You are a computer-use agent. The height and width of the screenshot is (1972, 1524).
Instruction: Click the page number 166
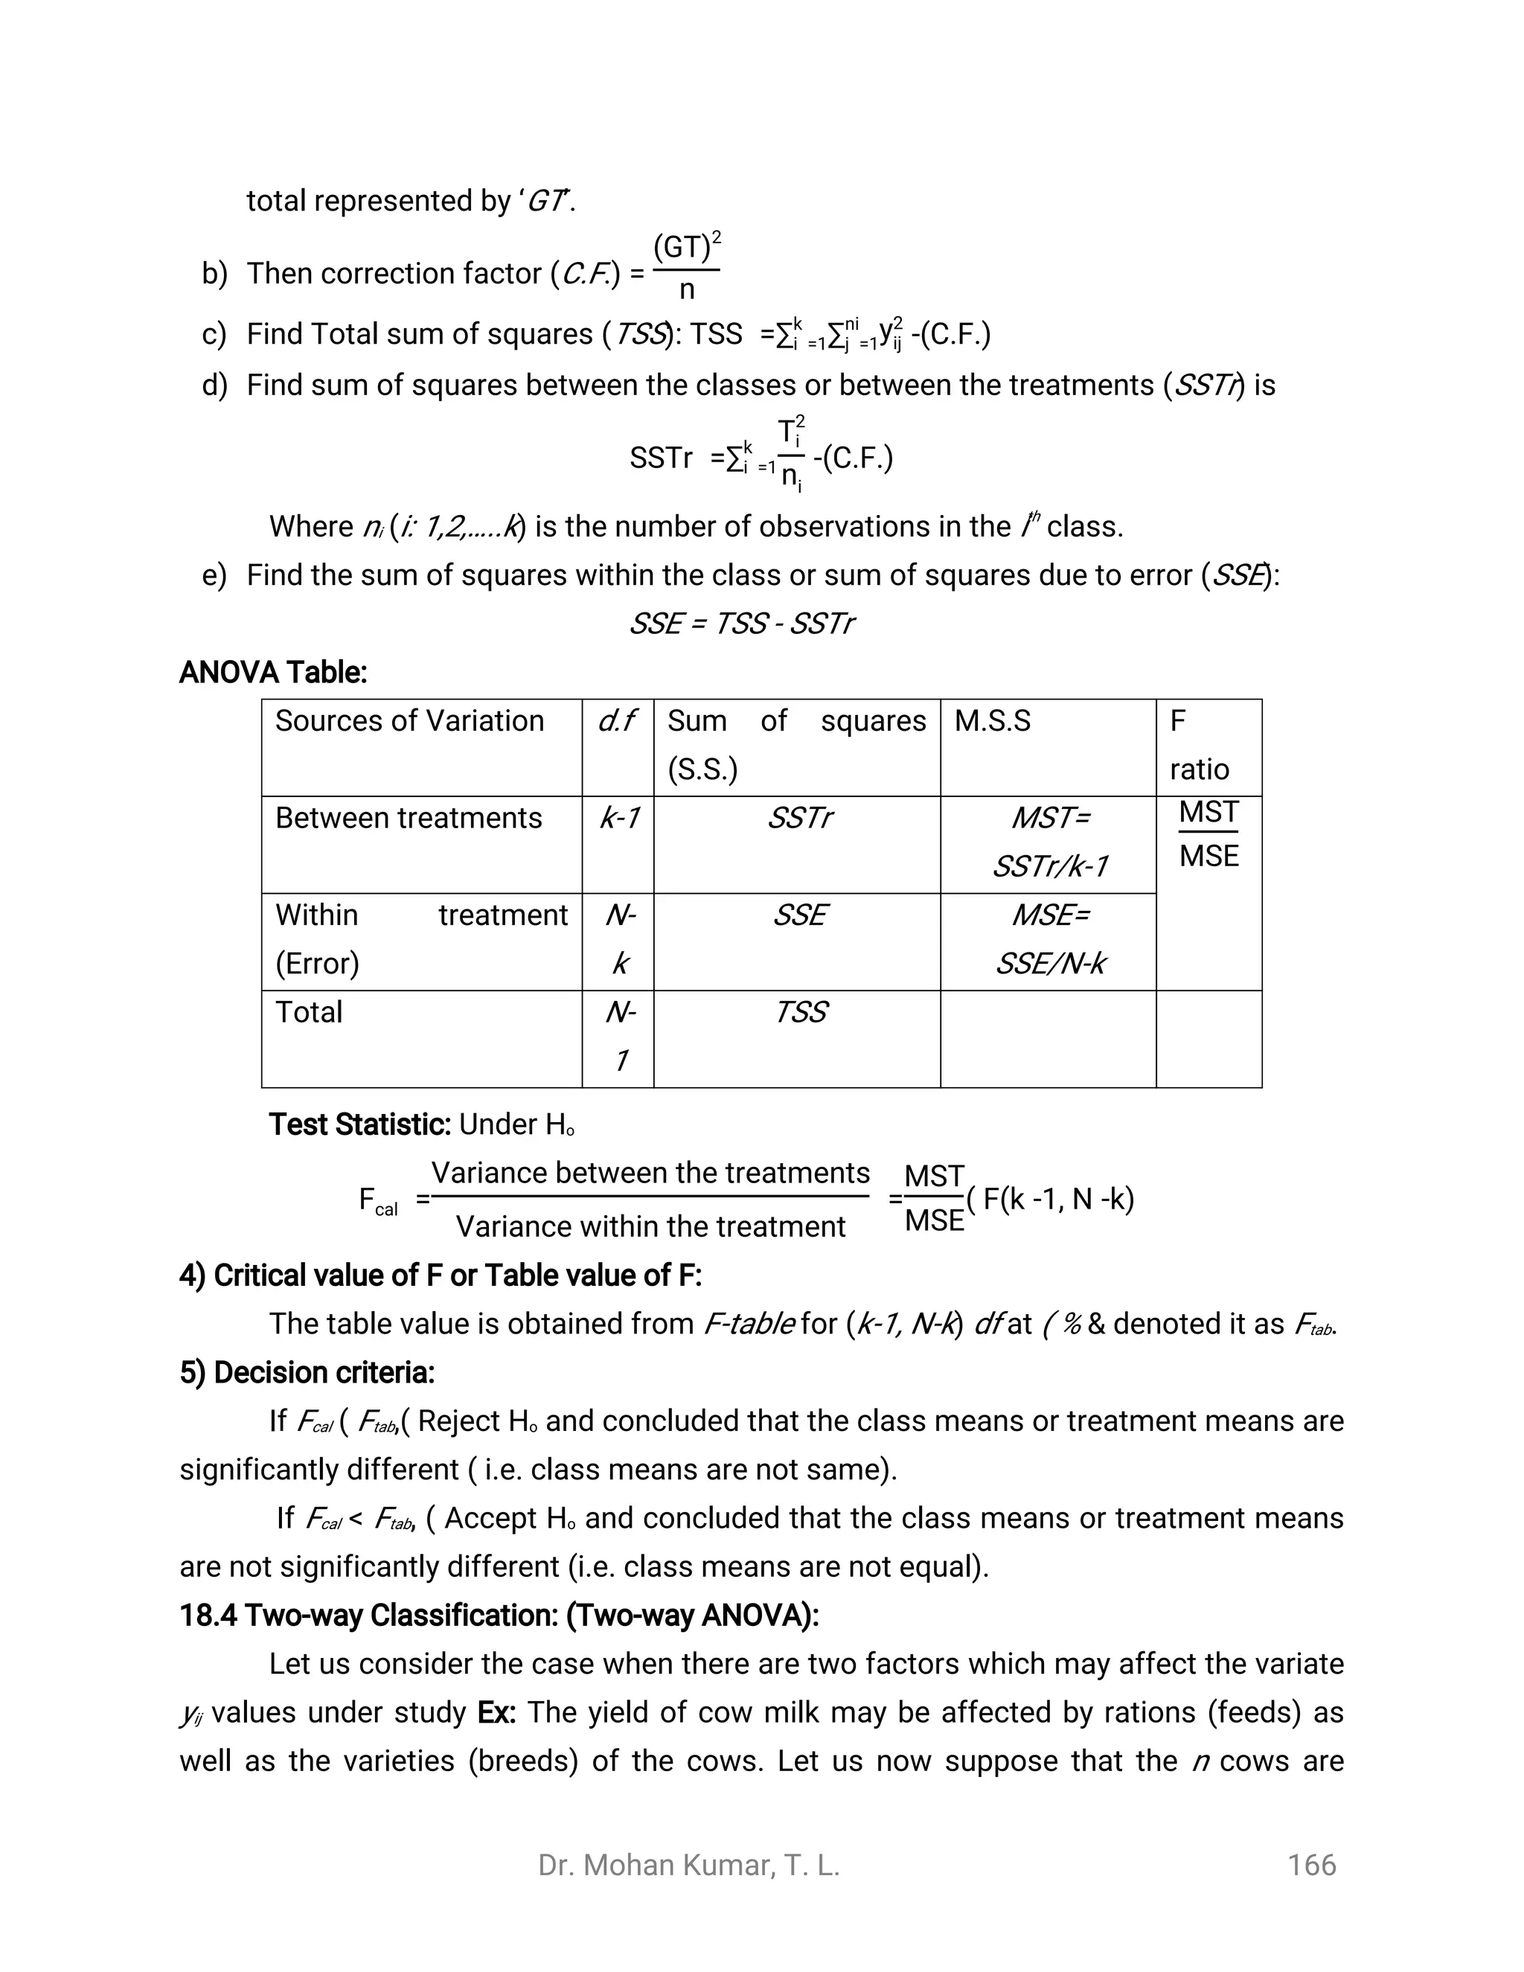[x=1311, y=1866]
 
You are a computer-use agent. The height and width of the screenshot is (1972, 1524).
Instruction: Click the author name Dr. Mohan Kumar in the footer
[x=688, y=1866]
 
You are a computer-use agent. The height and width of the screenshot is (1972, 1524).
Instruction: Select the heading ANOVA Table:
[x=272, y=673]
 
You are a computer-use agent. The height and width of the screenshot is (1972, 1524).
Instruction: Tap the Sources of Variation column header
[x=409, y=721]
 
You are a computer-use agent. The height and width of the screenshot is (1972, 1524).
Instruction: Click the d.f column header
[x=617, y=721]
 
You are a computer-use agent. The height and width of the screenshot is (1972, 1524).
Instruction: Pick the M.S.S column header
[x=992, y=721]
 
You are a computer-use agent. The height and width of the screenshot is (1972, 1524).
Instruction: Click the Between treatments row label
[x=408, y=818]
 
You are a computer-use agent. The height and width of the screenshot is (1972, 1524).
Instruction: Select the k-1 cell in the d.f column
[x=618, y=818]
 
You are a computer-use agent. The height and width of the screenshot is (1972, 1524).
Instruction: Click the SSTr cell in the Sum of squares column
[x=798, y=818]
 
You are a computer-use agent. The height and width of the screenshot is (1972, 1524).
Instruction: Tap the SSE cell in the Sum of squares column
[x=799, y=915]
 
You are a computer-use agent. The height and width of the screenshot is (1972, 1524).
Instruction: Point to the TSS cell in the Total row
[x=800, y=1012]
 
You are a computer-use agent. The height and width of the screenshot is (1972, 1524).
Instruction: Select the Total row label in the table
[x=309, y=1012]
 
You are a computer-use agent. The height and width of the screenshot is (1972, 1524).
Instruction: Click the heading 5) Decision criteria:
[x=307, y=1372]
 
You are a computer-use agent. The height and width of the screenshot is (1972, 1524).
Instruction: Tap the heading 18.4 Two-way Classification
[x=499, y=1616]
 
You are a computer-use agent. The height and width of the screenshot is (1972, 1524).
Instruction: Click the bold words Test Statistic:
[x=359, y=1125]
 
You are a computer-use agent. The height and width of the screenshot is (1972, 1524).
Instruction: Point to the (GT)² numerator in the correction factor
[x=686, y=247]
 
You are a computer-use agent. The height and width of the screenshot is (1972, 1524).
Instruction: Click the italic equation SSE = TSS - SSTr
[x=740, y=624]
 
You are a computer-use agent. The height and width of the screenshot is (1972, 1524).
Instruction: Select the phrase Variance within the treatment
[x=650, y=1227]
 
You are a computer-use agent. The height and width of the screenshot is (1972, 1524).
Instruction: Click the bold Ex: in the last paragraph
[x=496, y=1713]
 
